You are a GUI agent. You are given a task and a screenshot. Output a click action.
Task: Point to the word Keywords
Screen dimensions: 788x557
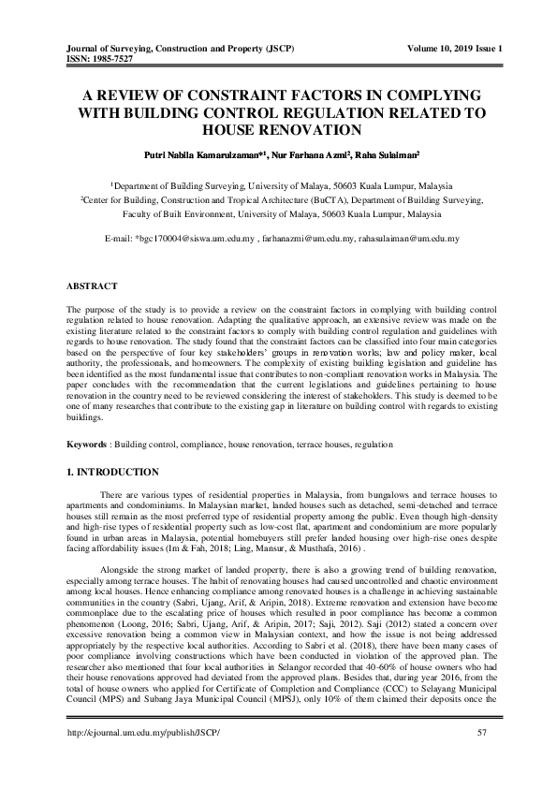pyautogui.click(x=91, y=443)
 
